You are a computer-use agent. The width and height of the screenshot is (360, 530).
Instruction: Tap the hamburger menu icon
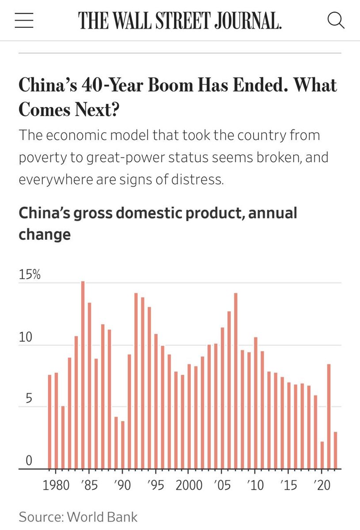(x=24, y=20)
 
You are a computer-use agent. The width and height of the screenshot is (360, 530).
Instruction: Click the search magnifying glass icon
(x=336, y=20)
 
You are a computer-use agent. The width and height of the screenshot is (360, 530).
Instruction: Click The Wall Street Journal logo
(x=180, y=20)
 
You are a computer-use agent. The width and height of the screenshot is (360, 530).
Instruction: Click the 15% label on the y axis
(x=30, y=275)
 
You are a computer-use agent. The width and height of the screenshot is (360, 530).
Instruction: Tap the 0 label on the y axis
(x=29, y=461)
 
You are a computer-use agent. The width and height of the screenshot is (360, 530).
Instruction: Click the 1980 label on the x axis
(x=56, y=485)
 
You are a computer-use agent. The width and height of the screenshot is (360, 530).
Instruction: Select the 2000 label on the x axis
(x=189, y=485)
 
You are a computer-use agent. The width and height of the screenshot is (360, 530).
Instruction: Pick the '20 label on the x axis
(x=322, y=485)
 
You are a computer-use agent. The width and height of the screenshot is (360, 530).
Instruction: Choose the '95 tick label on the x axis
(x=155, y=485)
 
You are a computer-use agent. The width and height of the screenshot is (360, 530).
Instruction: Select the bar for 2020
(x=322, y=455)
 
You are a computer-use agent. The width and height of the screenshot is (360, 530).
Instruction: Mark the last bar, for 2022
(x=336, y=450)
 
